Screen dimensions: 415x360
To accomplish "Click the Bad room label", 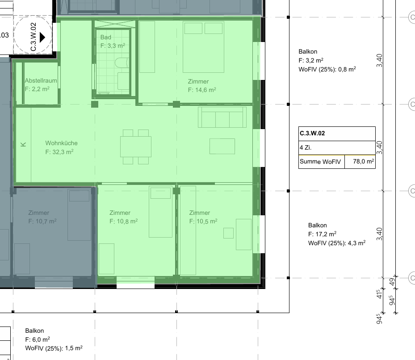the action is coord(105,38).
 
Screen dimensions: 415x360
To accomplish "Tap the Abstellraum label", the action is coord(41,80).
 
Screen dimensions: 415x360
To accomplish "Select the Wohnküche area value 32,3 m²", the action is coord(59,152).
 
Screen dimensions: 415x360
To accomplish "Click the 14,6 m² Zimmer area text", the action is coord(202,90).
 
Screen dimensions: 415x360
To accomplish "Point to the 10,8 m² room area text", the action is coord(124,221).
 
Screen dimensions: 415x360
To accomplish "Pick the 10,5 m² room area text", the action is coord(203,221).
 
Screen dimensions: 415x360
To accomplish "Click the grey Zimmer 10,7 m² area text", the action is coord(42,221).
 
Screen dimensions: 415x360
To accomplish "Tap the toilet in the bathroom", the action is coord(122,63).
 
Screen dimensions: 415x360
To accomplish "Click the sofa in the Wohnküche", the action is coord(222,117).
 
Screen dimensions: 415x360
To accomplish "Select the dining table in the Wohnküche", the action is coord(136,147).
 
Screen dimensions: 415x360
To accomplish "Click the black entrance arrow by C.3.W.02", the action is coord(42,37).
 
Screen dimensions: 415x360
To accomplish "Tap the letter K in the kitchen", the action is coord(23,145).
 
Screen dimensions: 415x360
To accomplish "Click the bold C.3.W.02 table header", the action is coord(312,134).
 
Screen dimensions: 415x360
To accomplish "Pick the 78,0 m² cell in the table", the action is coord(363,162).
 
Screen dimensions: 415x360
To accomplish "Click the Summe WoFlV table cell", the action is coord(320,162).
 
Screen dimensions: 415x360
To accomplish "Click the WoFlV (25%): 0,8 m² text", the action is coord(327,69).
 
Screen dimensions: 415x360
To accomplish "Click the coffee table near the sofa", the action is coord(222,146).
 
